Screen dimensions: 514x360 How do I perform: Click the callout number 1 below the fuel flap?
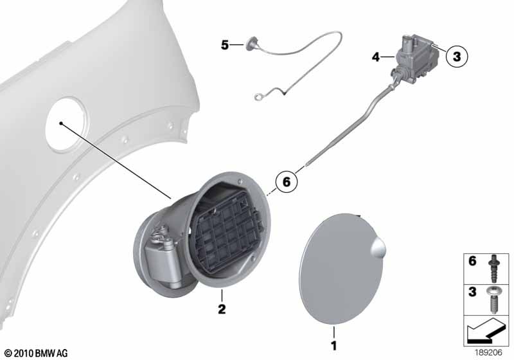pyautogui.click(x=333, y=346)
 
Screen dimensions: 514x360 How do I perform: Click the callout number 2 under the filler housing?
pyautogui.click(x=222, y=309)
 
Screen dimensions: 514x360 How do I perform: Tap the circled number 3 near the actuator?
pyautogui.click(x=457, y=57)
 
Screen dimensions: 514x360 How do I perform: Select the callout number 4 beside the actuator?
pyautogui.click(x=376, y=57)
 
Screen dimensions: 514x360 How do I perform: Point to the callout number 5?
pyautogui.click(x=224, y=45)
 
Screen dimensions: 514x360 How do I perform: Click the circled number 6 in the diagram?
pyautogui.click(x=286, y=181)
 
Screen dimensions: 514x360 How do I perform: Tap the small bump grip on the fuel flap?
pyautogui.click(x=378, y=247)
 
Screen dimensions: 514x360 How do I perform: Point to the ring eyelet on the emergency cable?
pyautogui.click(x=258, y=96)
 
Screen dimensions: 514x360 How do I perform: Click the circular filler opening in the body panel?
pyautogui.click(x=67, y=124)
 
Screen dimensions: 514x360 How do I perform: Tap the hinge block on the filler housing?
pyautogui.click(x=159, y=260)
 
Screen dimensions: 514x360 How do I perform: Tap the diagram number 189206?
pyautogui.click(x=488, y=353)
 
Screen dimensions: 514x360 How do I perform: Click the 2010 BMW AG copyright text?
pyautogui.click(x=37, y=354)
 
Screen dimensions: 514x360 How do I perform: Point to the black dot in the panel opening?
pyautogui.click(x=61, y=123)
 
